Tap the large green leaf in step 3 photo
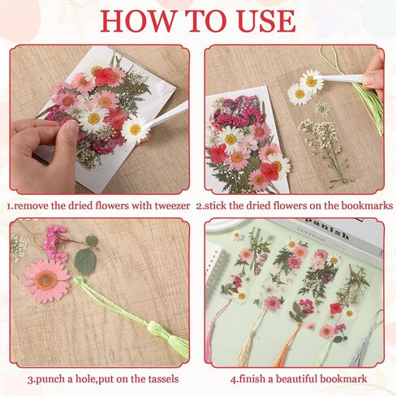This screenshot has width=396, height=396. coord(85,260)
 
